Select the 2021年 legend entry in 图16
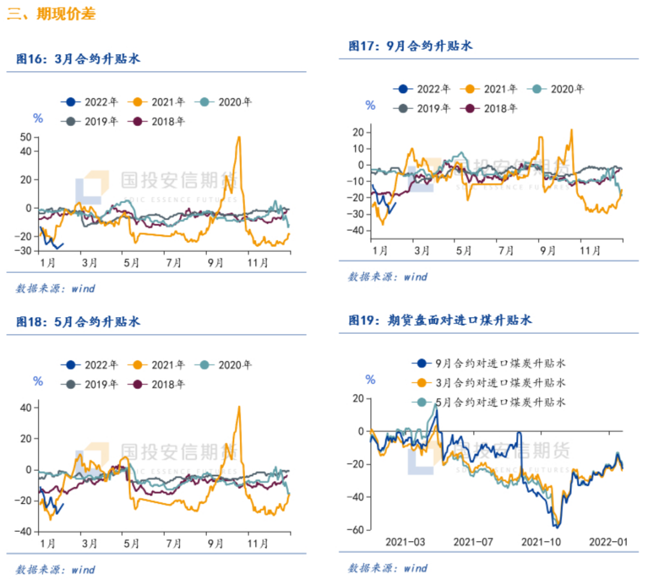(x=158, y=102)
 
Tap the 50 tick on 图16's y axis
(x=26, y=137)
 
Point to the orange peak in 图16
(x=239, y=137)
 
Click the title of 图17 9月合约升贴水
(x=411, y=46)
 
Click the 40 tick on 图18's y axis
(x=26, y=408)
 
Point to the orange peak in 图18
(x=239, y=407)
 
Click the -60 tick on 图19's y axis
(x=358, y=530)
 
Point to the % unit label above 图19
(x=370, y=379)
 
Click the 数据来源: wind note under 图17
(x=388, y=277)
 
